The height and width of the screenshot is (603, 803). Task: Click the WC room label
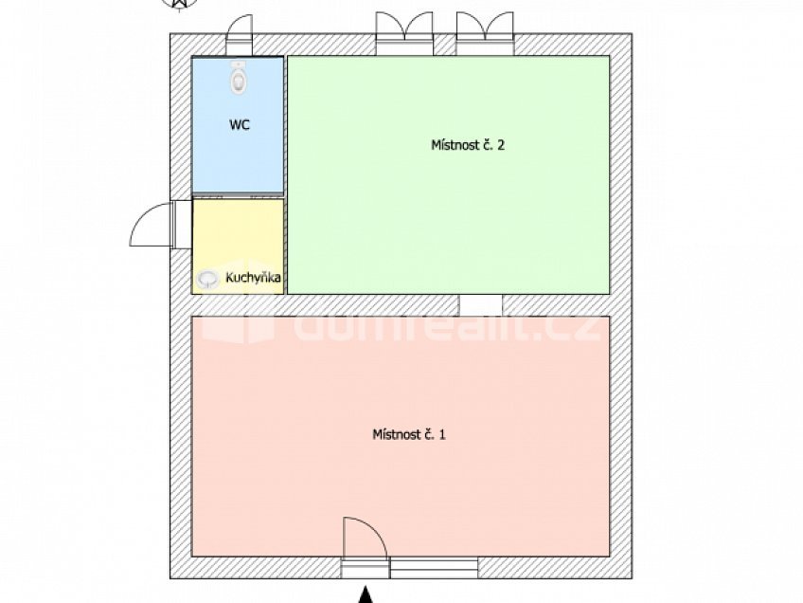click(239, 124)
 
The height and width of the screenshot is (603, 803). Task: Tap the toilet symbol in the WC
click(239, 78)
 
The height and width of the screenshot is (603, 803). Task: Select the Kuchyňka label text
click(253, 278)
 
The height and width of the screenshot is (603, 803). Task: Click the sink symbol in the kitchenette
click(207, 279)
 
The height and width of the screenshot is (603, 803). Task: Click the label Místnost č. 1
click(408, 434)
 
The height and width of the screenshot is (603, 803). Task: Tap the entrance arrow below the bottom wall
click(366, 595)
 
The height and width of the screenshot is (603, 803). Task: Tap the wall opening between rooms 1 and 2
click(481, 305)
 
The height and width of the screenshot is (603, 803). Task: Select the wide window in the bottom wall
click(435, 568)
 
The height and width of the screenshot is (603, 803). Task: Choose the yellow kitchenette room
click(239, 237)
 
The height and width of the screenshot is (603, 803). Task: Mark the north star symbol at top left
click(178, 4)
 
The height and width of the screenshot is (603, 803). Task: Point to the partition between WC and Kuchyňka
click(239, 196)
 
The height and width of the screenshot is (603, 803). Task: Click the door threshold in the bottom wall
click(366, 568)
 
